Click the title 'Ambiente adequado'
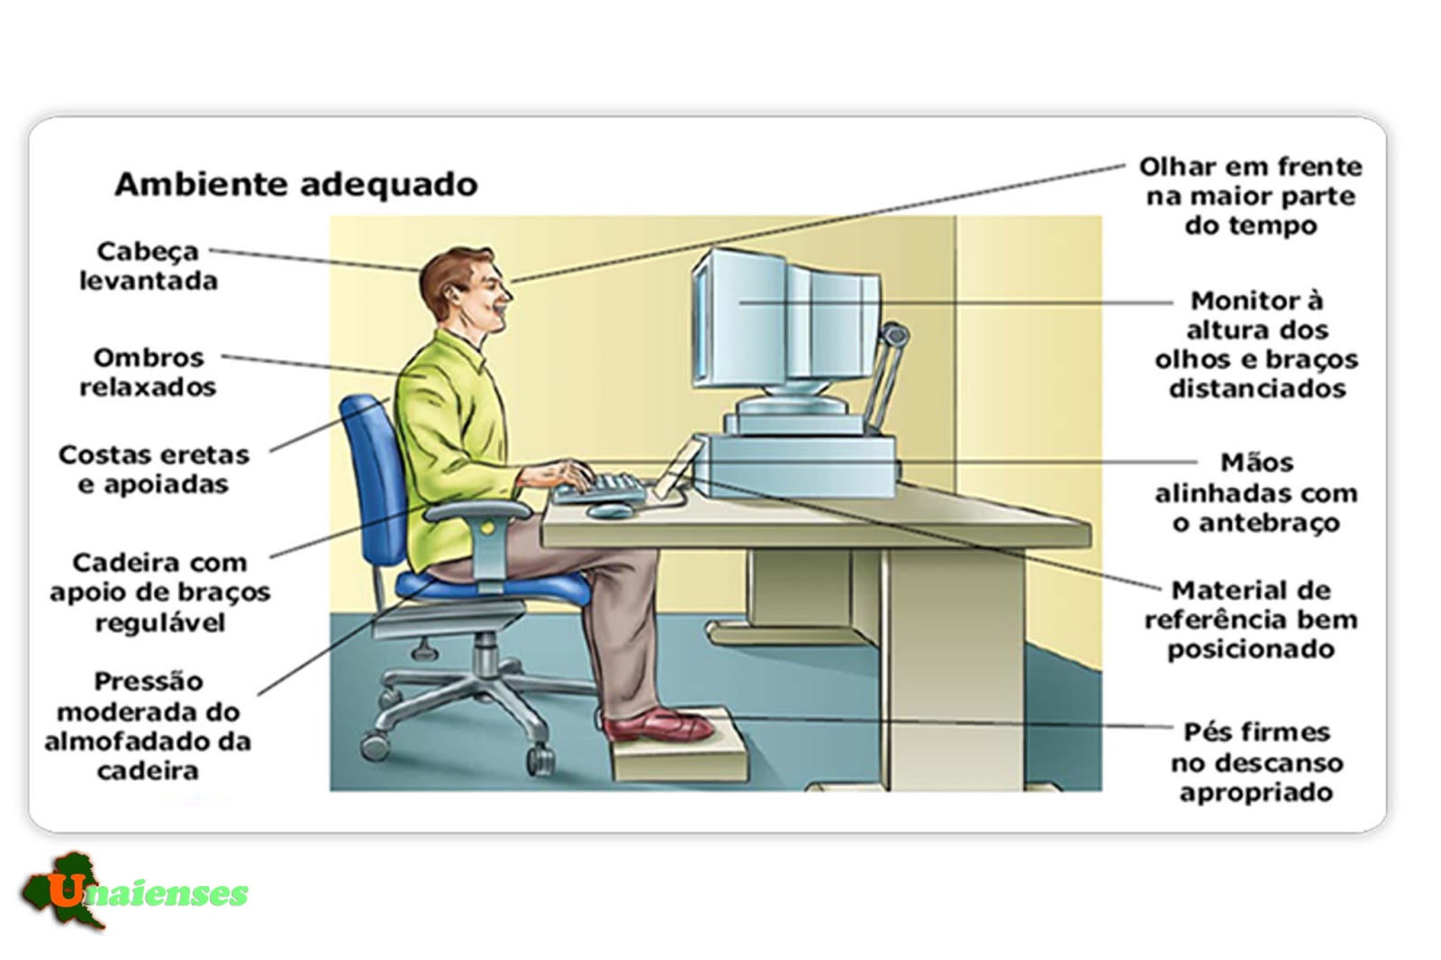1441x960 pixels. tap(295, 185)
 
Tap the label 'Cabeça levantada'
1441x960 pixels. tap(149, 266)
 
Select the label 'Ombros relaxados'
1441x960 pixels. tap(149, 372)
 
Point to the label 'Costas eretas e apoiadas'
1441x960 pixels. tap(153, 469)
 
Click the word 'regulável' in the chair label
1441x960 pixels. tap(160, 622)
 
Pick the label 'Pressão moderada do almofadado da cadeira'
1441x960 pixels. tap(148, 726)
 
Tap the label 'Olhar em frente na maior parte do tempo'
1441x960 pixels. tap(1250, 195)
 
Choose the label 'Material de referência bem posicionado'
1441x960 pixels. tap(1251, 620)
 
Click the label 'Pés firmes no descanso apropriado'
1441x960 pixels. tap(1256, 762)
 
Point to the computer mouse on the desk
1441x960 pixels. tap(610, 511)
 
